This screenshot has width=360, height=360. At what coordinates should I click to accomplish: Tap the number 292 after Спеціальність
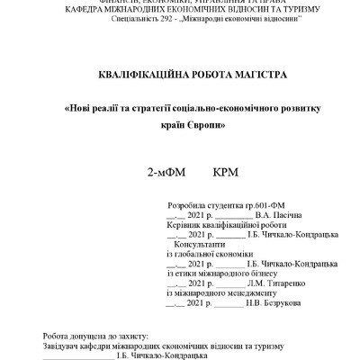[169, 19]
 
